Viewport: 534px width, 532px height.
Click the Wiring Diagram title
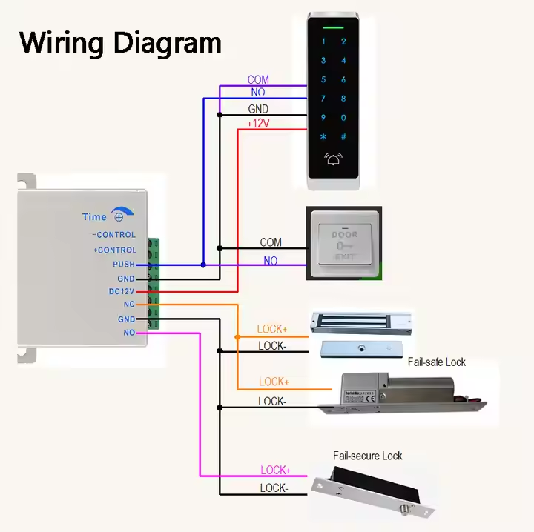click(x=120, y=42)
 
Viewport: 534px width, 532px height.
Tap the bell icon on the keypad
click(x=332, y=158)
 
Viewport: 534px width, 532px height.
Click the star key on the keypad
click(x=323, y=136)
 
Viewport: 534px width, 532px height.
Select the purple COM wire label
click(x=258, y=80)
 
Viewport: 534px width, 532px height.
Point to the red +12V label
click(x=257, y=124)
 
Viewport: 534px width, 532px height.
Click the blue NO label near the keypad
click(x=258, y=93)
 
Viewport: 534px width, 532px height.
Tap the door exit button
click(x=344, y=244)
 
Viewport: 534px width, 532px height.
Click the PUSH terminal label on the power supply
click(x=124, y=265)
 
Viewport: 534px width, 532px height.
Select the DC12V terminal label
click(x=122, y=292)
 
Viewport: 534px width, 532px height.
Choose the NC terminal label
click(x=129, y=305)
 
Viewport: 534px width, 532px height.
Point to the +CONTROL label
click(x=114, y=250)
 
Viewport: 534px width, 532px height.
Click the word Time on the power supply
click(x=94, y=217)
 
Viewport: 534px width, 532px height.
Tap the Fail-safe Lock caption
click(x=436, y=362)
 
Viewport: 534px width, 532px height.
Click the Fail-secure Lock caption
click(x=367, y=456)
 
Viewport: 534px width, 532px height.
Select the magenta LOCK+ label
click(x=275, y=471)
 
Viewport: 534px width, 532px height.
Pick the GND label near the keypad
click(x=258, y=110)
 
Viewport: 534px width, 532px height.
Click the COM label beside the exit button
click(x=271, y=242)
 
